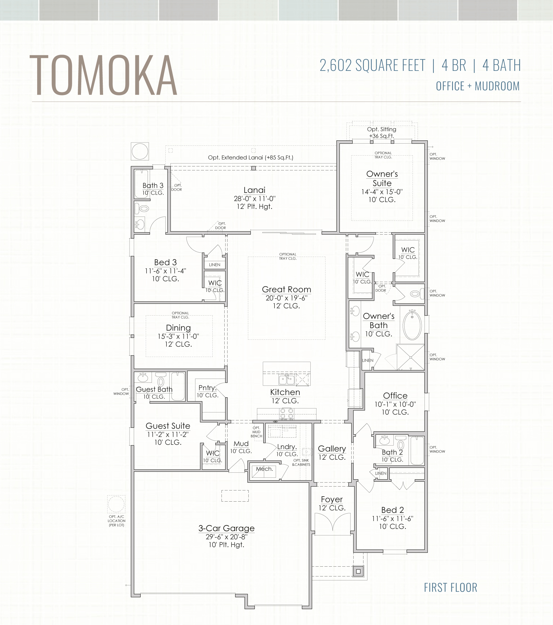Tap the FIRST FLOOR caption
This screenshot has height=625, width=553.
pos(450,587)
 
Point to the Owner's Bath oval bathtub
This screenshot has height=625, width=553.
pos(412,325)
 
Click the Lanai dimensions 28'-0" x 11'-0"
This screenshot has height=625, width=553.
pos(255,199)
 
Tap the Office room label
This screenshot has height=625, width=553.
pos(395,395)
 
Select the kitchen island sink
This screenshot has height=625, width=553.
pos(287,380)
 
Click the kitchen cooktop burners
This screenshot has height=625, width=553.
pos(287,414)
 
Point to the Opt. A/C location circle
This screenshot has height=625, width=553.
pos(116,504)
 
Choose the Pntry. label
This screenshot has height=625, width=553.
pos(207,388)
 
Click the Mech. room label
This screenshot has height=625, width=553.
pos(264,469)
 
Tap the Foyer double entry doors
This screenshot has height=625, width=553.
pos(332,522)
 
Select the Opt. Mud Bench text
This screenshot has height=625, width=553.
pos(256,432)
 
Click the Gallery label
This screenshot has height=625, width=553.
pos(332,449)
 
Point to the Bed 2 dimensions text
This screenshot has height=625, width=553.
pos(392,519)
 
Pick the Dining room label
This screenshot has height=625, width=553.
pos(178,328)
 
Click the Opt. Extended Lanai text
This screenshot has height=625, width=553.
pos(251,157)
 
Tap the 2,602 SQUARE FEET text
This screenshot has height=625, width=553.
pos(372,66)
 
